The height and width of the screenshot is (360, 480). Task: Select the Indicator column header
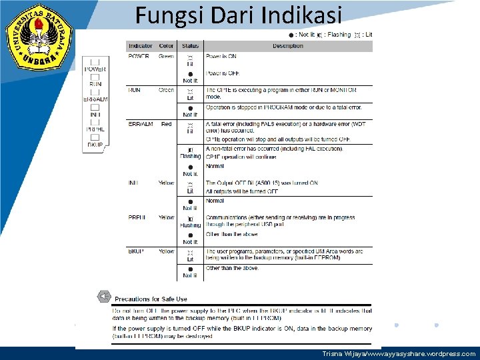coord(140,46)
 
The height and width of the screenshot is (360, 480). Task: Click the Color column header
coord(166,46)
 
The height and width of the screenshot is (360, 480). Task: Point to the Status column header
coord(190,46)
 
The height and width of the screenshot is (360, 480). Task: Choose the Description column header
coord(287,46)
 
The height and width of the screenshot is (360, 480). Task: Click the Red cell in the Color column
coord(166,124)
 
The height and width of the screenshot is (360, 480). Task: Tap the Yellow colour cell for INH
coord(166,183)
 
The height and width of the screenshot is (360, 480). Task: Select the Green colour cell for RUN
coord(166,90)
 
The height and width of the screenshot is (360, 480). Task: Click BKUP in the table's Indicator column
coord(136,251)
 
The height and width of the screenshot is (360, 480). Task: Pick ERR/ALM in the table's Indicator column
coord(140,124)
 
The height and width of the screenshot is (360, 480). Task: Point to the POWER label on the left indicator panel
coord(95,69)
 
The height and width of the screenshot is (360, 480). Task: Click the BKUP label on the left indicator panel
coord(95,144)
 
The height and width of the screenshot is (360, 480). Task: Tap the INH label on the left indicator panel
coord(95,114)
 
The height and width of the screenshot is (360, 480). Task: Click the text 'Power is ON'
coord(221,57)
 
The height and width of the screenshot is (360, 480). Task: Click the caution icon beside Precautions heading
coord(103,297)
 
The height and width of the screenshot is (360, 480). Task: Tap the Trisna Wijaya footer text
coord(399,354)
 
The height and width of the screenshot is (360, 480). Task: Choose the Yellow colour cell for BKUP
coord(166,251)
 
